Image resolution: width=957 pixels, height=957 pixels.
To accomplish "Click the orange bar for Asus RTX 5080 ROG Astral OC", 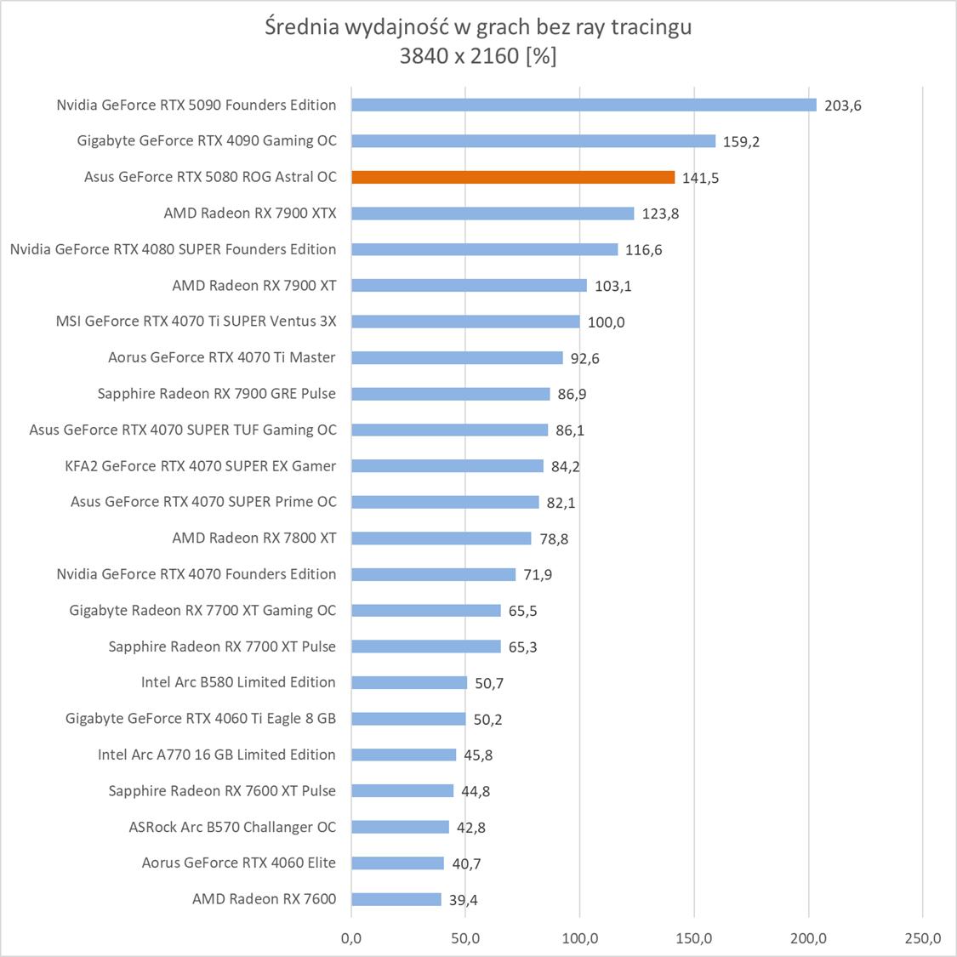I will click(513, 177).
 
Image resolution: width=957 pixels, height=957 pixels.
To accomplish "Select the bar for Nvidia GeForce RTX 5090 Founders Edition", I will click(584, 105).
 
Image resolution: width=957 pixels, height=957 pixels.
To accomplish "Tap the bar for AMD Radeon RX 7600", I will click(396, 899).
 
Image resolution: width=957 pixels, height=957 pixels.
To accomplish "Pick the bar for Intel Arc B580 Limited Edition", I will click(409, 682).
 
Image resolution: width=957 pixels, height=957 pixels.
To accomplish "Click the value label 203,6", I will click(842, 105).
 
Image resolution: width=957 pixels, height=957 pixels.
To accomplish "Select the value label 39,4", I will click(464, 900).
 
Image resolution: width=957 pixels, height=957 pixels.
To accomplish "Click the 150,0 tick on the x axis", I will click(694, 938).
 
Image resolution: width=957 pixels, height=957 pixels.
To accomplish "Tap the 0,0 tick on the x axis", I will click(350, 938).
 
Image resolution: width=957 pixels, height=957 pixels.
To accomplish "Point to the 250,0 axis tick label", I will click(923, 938).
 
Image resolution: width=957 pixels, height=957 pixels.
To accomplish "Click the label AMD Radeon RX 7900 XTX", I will click(250, 213).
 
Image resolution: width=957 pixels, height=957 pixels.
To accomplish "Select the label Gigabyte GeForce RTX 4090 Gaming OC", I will click(207, 140).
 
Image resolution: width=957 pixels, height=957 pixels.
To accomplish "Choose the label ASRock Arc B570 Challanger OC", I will click(232, 827).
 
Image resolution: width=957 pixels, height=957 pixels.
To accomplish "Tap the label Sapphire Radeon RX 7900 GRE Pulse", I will click(217, 393).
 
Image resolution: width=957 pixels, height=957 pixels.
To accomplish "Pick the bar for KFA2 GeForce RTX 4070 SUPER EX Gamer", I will click(447, 465).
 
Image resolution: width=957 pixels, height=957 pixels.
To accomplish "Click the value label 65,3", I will click(522, 647).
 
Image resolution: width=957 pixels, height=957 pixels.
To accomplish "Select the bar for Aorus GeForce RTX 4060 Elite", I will click(397, 863).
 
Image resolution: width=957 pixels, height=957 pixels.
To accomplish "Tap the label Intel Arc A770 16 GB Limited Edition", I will click(217, 755).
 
